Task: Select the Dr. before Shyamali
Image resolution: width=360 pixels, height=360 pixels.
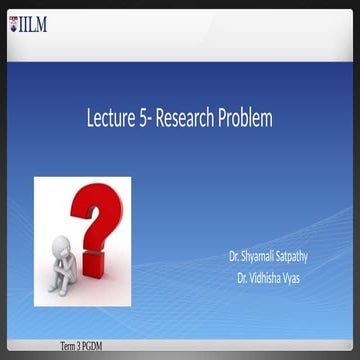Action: click(x=236, y=256)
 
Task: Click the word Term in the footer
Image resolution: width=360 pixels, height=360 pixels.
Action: click(x=69, y=346)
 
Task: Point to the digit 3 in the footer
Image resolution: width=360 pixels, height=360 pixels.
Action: click(x=81, y=346)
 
